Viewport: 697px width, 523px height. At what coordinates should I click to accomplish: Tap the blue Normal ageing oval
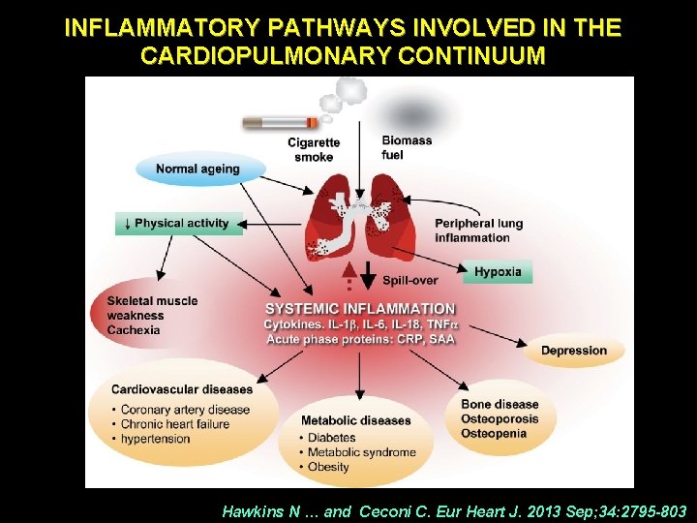(197, 169)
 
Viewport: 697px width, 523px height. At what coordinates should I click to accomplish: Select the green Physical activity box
(178, 224)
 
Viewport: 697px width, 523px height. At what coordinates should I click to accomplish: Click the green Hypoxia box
(498, 272)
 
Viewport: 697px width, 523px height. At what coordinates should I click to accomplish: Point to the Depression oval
(573, 351)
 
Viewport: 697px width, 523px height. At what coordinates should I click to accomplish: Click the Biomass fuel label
(407, 147)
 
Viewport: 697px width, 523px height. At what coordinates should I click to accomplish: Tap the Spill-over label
(409, 281)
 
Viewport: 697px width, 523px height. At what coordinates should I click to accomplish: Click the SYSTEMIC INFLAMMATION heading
(360, 309)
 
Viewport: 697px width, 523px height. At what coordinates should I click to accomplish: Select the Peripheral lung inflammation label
(478, 231)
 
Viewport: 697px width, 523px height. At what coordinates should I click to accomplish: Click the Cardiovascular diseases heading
(181, 390)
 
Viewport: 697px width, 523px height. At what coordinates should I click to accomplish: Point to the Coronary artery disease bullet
(185, 410)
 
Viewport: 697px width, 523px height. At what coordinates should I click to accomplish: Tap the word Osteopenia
(494, 433)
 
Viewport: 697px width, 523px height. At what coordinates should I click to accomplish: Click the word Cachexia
(135, 330)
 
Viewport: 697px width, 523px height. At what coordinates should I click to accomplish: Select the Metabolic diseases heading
(355, 420)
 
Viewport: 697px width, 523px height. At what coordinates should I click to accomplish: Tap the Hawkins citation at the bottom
(454, 510)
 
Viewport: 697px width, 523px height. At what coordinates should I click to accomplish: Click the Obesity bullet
(329, 467)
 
